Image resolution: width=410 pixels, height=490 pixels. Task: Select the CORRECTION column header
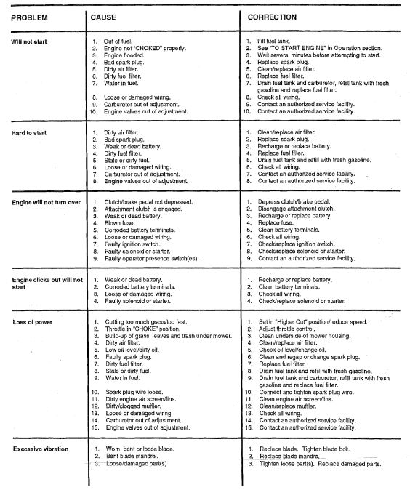273,17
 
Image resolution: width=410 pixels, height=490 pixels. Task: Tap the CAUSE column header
105,17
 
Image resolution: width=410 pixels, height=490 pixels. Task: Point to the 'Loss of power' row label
30,321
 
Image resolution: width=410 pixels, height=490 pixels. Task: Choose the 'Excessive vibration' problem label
37,449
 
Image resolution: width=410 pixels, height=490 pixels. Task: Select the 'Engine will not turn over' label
46,201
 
